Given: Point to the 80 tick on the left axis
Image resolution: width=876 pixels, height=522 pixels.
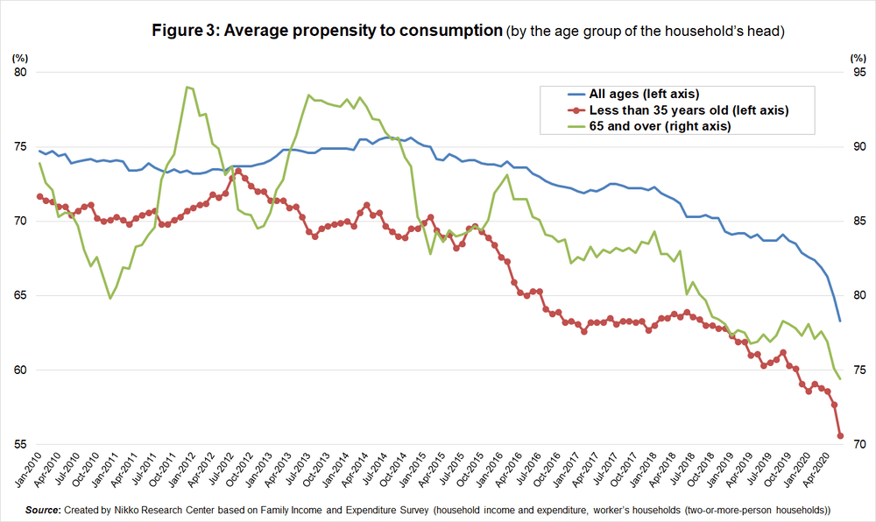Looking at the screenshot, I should pyautogui.click(x=20, y=72).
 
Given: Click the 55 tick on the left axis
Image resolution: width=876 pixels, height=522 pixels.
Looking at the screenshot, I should pyautogui.click(x=20, y=445).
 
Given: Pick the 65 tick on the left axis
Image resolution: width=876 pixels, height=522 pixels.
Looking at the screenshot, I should pyautogui.click(x=20, y=295).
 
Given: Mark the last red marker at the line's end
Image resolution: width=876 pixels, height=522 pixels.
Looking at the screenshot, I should pyautogui.click(x=841, y=436).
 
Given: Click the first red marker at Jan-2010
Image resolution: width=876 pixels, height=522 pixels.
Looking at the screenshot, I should pyautogui.click(x=39, y=196).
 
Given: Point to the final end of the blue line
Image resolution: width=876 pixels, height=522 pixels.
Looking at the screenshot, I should pyautogui.click(x=841, y=321).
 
